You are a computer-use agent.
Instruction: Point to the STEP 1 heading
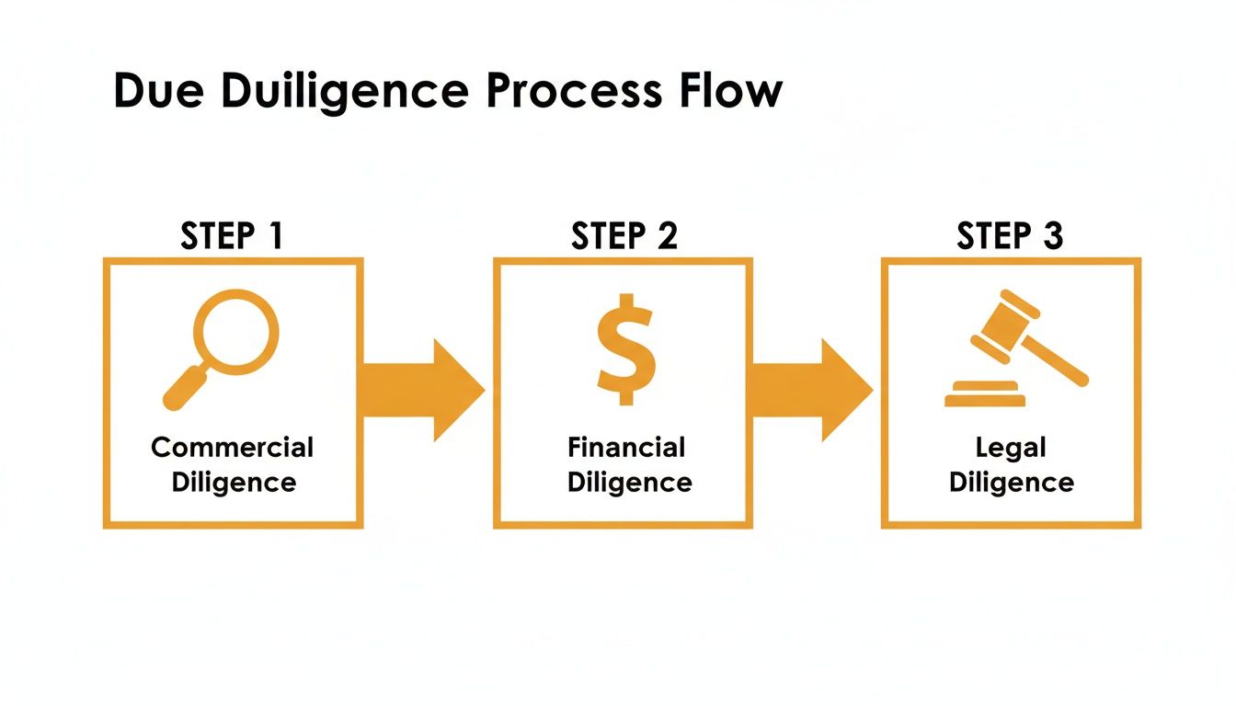coord(233,236)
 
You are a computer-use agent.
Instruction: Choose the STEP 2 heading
coord(624,236)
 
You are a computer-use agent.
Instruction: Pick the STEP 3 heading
coord(1010,236)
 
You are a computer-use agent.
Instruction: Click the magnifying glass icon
coord(223,345)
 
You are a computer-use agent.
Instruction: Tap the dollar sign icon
coord(625,349)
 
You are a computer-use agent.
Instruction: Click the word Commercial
coord(233,448)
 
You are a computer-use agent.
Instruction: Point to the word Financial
coord(626,448)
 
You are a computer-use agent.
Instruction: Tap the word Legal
coord(1011,448)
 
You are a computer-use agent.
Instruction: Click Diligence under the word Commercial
coord(234,483)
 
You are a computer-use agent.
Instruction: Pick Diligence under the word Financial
coord(629,483)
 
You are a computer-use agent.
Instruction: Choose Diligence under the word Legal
coord(1012,483)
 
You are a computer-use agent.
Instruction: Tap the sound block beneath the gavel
coord(984,394)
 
